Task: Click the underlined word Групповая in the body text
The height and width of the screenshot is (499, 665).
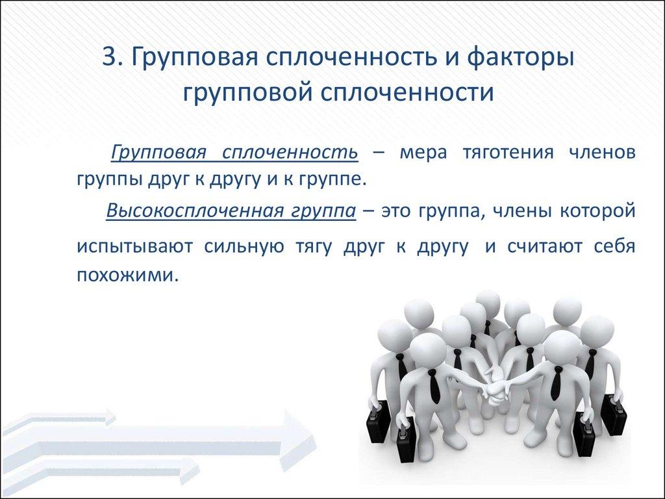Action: tap(158, 154)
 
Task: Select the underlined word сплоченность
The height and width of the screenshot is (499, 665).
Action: tap(290, 154)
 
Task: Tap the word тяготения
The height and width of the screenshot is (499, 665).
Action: tap(508, 154)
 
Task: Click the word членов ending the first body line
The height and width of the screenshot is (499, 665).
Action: tap(601, 154)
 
